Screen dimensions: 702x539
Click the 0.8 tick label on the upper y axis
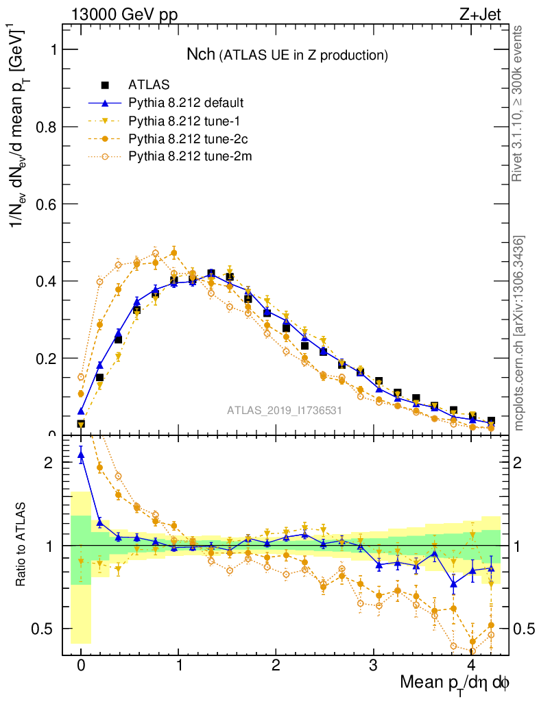click(47, 127)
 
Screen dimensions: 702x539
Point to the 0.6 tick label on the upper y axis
click(47, 204)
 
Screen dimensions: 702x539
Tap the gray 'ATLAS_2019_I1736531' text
click(285, 411)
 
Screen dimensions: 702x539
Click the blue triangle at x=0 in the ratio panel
click(81, 454)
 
